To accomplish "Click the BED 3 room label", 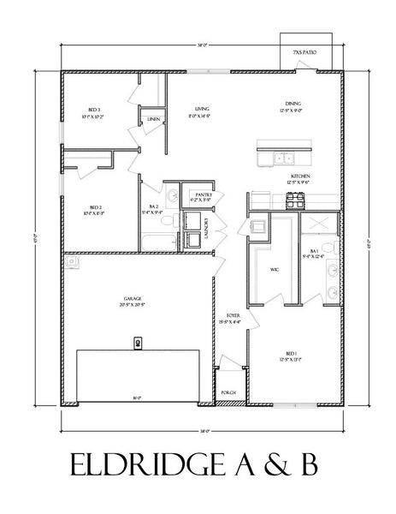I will pos(95,110).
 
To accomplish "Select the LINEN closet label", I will pos(153,119).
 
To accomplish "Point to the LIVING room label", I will pos(202,109).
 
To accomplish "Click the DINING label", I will pos(293,105).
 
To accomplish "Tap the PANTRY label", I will pos(204,194).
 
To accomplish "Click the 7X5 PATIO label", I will pos(304,53).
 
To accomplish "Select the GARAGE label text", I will pos(133,298).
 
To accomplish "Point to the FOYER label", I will pos(233,315).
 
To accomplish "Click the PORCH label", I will pos(228,393).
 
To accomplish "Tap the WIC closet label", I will pos(275,269).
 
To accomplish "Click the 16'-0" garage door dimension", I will pos(137,397).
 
